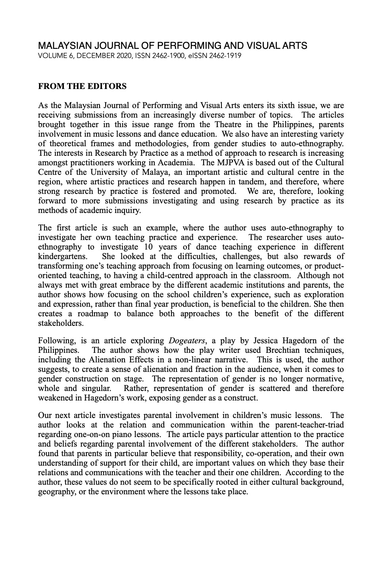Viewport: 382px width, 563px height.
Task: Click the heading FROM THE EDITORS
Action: coord(82,86)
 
